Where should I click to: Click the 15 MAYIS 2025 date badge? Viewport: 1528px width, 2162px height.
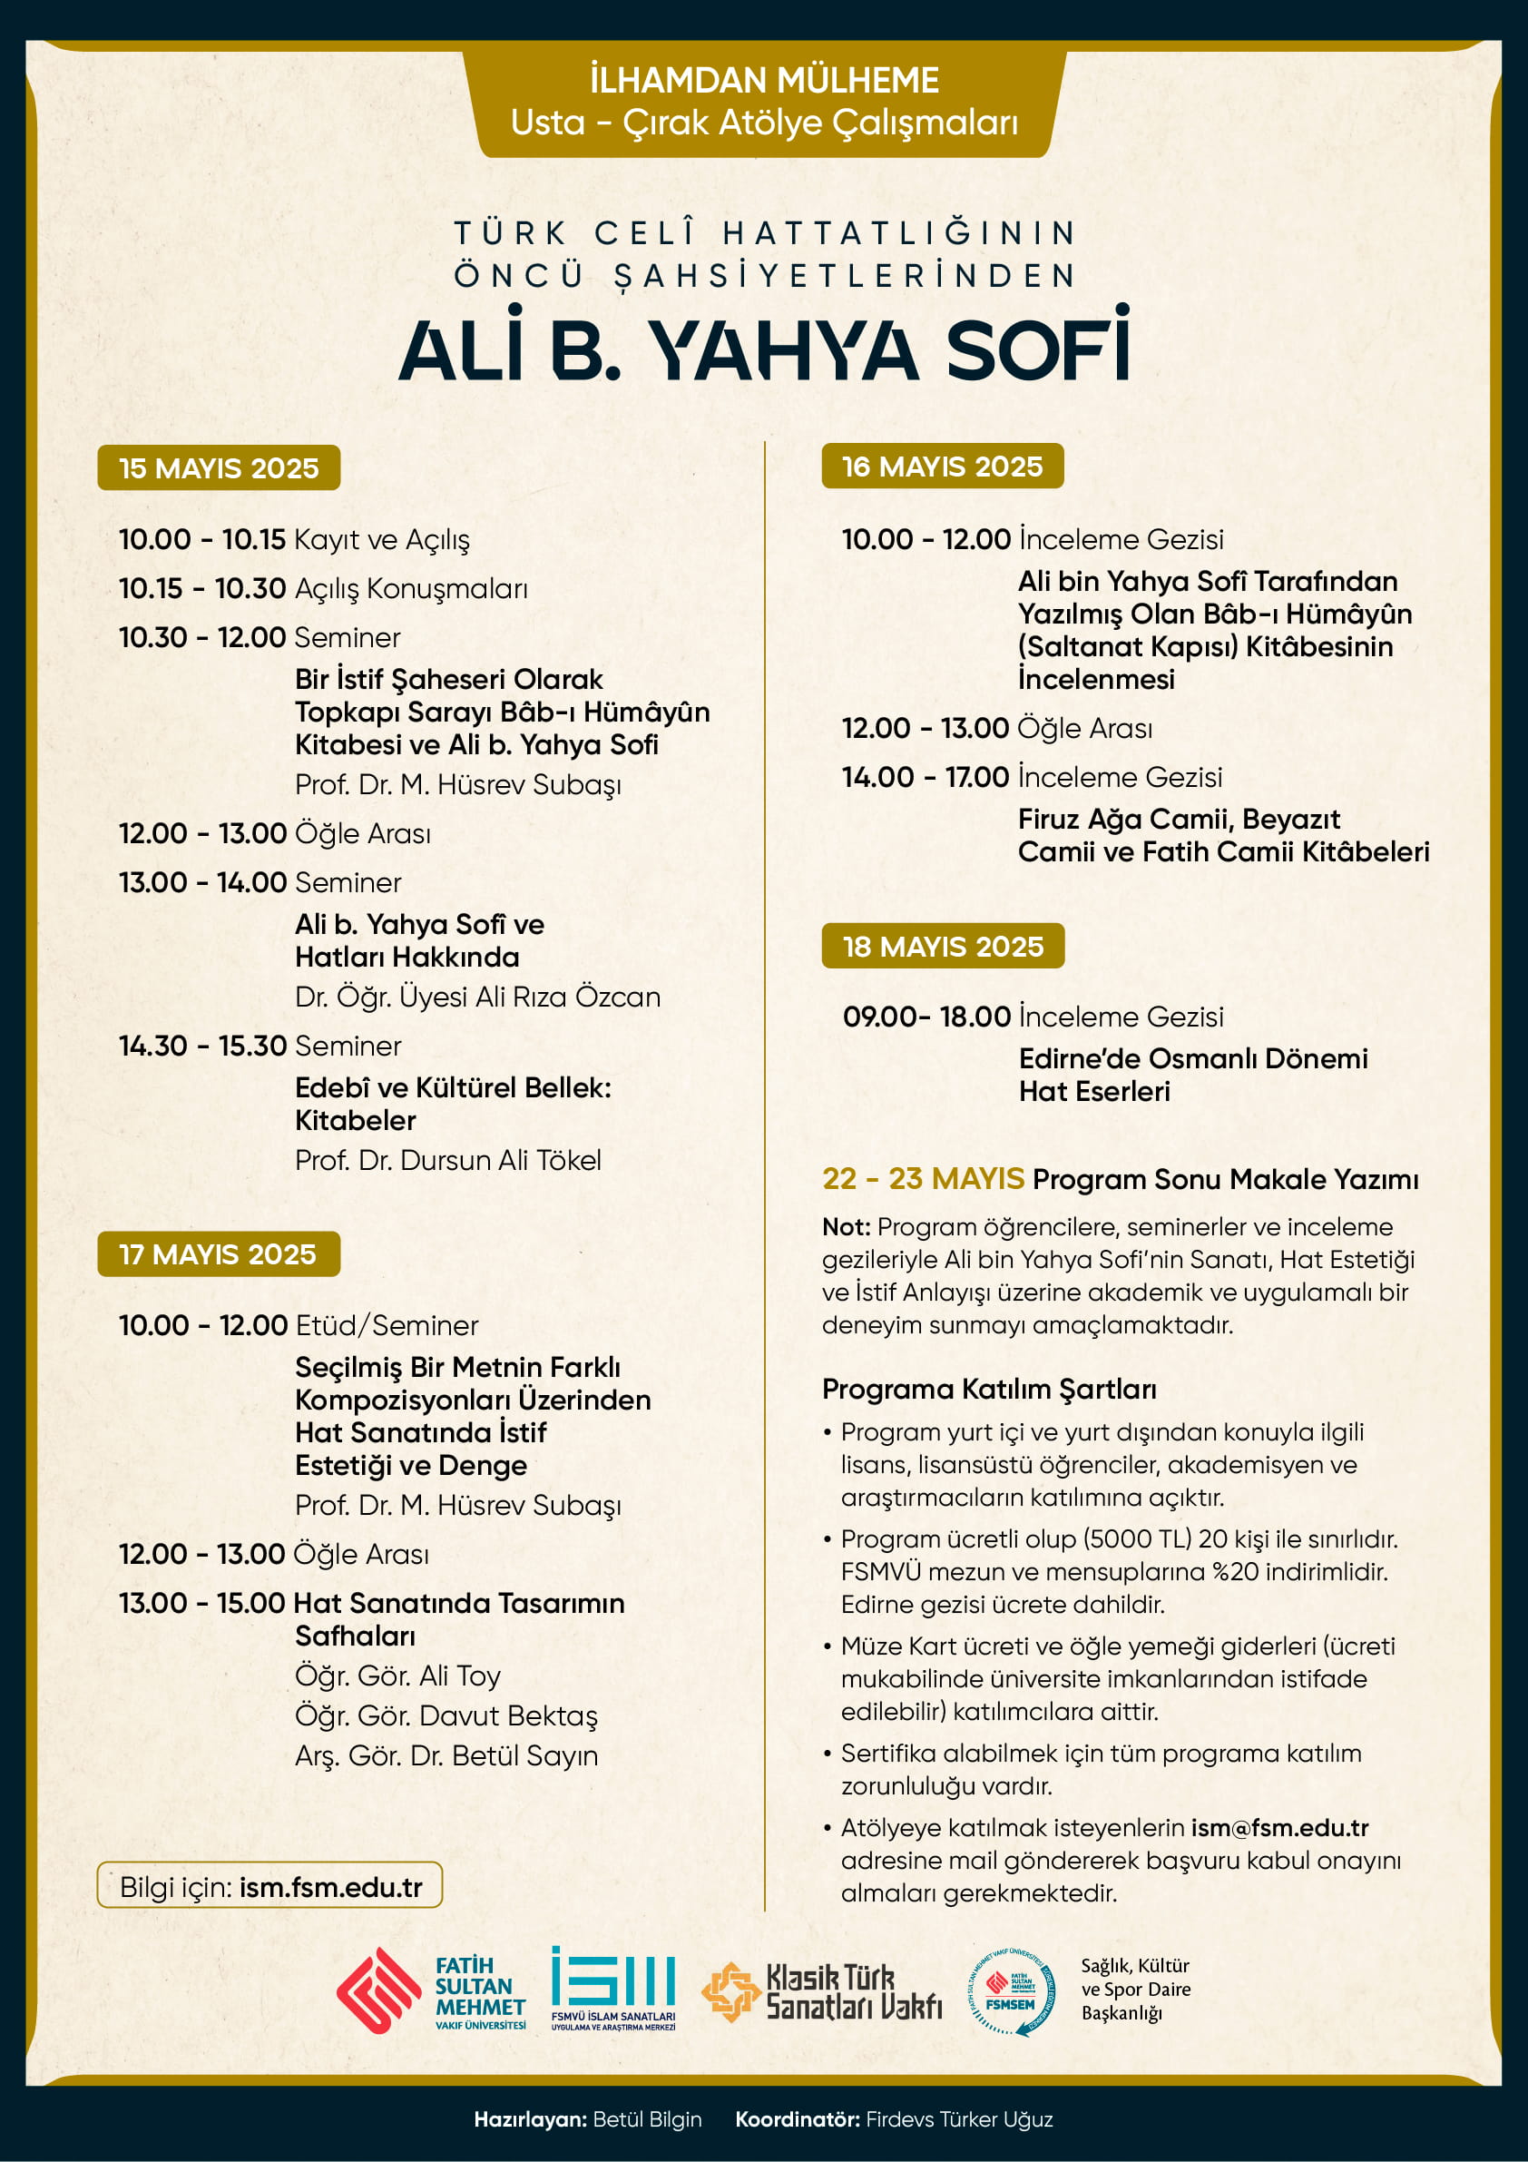pyautogui.click(x=219, y=468)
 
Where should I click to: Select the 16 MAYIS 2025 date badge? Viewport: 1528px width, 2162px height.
pyautogui.click(x=943, y=467)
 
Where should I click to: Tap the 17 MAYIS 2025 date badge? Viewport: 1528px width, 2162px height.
pyautogui.click(x=218, y=1254)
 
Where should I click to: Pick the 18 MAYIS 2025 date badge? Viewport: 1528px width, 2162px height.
pyautogui.click(x=943, y=947)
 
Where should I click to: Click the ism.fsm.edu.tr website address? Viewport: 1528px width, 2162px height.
pyautogui.click(x=330, y=1887)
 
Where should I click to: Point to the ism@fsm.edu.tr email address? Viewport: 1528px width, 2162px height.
pyautogui.click(x=1279, y=1828)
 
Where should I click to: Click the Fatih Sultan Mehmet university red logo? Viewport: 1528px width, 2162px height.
pyautogui.click(x=378, y=1990)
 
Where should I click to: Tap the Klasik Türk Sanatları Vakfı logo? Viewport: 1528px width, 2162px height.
pyautogui.click(x=823, y=1991)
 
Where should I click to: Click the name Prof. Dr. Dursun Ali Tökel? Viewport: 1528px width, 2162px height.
pyautogui.click(x=447, y=1160)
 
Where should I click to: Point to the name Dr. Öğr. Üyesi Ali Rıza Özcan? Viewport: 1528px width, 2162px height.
pyautogui.click(x=477, y=997)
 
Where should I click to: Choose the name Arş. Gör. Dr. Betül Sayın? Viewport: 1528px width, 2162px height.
pyautogui.click(x=446, y=1755)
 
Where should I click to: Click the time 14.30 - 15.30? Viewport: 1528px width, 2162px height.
pyautogui.click(x=202, y=1047)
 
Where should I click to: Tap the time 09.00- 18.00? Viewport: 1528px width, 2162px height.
pyautogui.click(x=926, y=1017)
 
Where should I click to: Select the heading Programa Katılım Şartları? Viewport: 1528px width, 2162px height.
pyautogui.click(x=988, y=1389)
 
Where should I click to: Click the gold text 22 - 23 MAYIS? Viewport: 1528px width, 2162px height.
pyautogui.click(x=923, y=1179)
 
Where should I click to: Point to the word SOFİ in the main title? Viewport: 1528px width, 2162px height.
pyautogui.click(x=1036, y=349)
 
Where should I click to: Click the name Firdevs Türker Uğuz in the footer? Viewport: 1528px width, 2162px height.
pyautogui.click(x=958, y=2118)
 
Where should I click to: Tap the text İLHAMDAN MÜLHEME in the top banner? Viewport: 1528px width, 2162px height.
pyautogui.click(x=763, y=81)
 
